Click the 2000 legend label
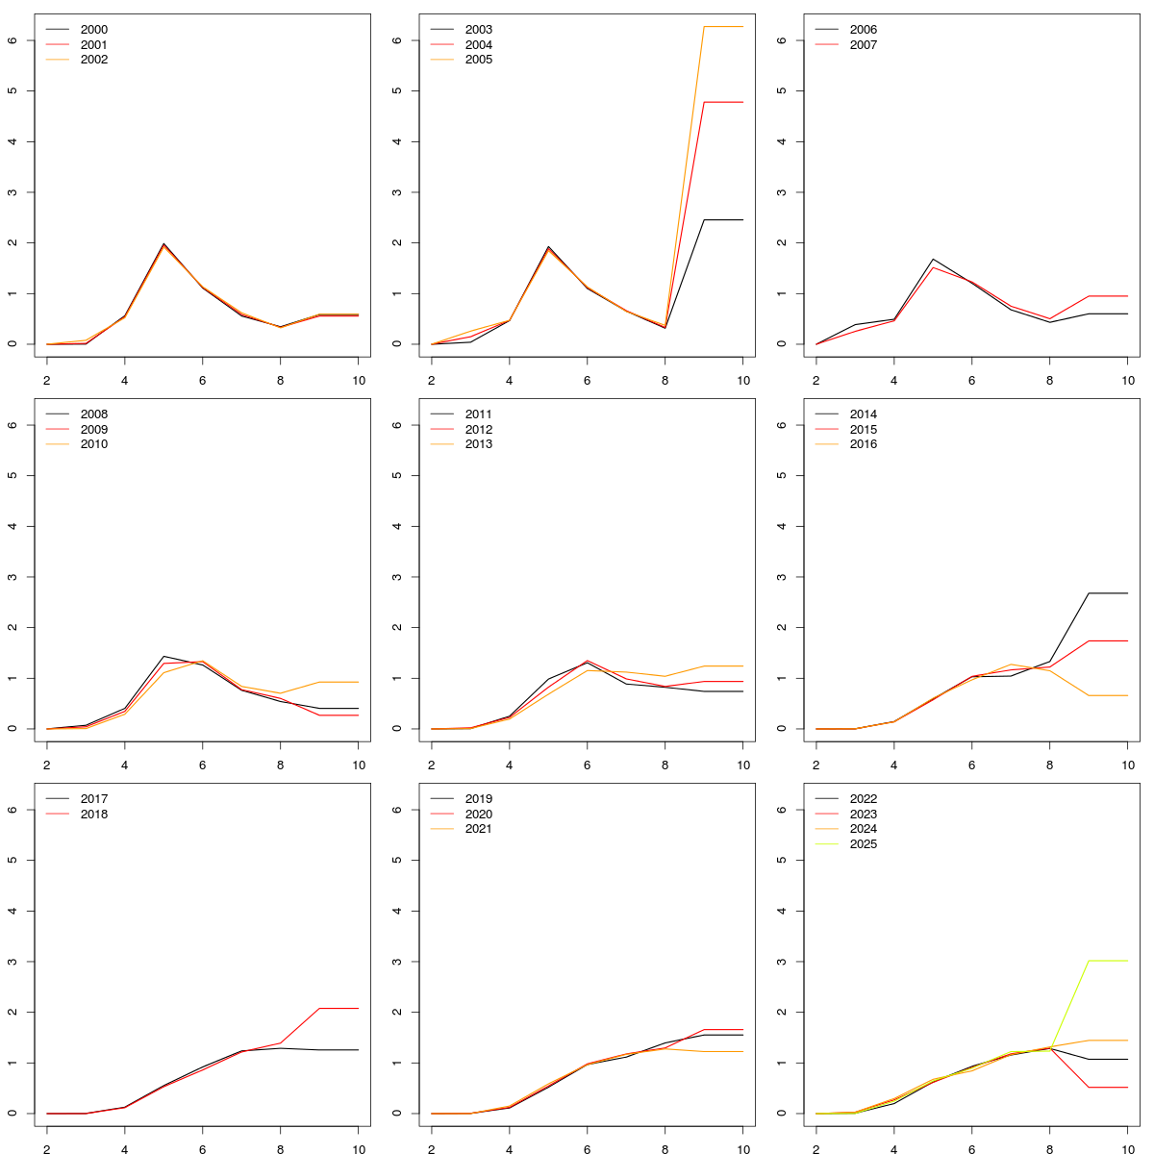click(x=94, y=30)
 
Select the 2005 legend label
click(x=479, y=60)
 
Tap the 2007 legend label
click(x=864, y=45)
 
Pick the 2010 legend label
click(x=94, y=444)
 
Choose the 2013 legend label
click(x=479, y=444)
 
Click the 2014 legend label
click(x=864, y=414)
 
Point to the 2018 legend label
click(x=94, y=815)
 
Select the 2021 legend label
click(x=479, y=829)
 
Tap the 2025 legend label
click(x=864, y=844)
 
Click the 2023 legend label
click(x=864, y=815)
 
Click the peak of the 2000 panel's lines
click(x=163, y=244)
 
